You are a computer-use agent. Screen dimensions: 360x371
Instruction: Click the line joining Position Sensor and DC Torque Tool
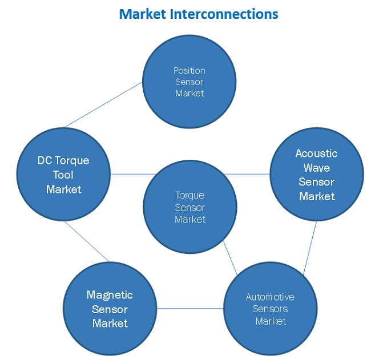(103, 104)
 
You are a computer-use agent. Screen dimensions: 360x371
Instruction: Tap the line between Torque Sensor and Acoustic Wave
(247, 174)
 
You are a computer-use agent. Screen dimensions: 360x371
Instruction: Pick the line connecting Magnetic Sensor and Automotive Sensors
(190, 309)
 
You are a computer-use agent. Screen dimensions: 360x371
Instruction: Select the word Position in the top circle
(189, 71)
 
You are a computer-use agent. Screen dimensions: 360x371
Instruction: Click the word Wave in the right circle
(316, 168)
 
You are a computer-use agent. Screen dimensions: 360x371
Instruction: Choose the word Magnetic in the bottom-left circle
(110, 295)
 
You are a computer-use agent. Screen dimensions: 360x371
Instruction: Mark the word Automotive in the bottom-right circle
(270, 297)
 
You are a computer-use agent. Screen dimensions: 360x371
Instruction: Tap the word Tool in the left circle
(63, 175)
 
